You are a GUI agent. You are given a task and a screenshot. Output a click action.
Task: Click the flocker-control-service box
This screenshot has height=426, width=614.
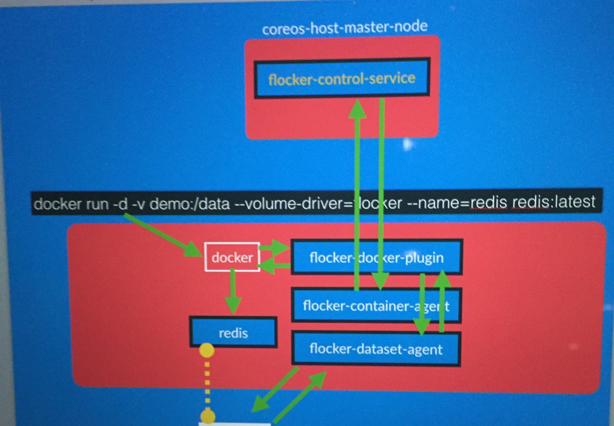pyautogui.click(x=342, y=79)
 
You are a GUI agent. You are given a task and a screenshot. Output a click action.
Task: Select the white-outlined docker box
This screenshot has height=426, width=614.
pyautogui.click(x=232, y=257)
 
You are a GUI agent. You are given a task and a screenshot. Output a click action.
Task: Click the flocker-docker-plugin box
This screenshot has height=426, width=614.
pyautogui.click(x=376, y=258)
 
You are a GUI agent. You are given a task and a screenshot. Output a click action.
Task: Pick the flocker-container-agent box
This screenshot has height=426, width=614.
pyautogui.click(x=376, y=305)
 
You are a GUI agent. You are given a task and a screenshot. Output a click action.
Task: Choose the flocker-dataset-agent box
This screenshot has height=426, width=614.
pyautogui.click(x=376, y=348)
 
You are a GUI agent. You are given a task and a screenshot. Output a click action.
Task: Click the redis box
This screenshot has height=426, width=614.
pyautogui.click(x=233, y=332)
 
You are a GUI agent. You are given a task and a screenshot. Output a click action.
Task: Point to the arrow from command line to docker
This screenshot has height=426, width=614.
pyautogui.click(x=163, y=234)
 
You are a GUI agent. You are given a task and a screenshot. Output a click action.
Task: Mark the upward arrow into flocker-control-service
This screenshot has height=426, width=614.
pyautogui.click(x=358, y=192)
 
